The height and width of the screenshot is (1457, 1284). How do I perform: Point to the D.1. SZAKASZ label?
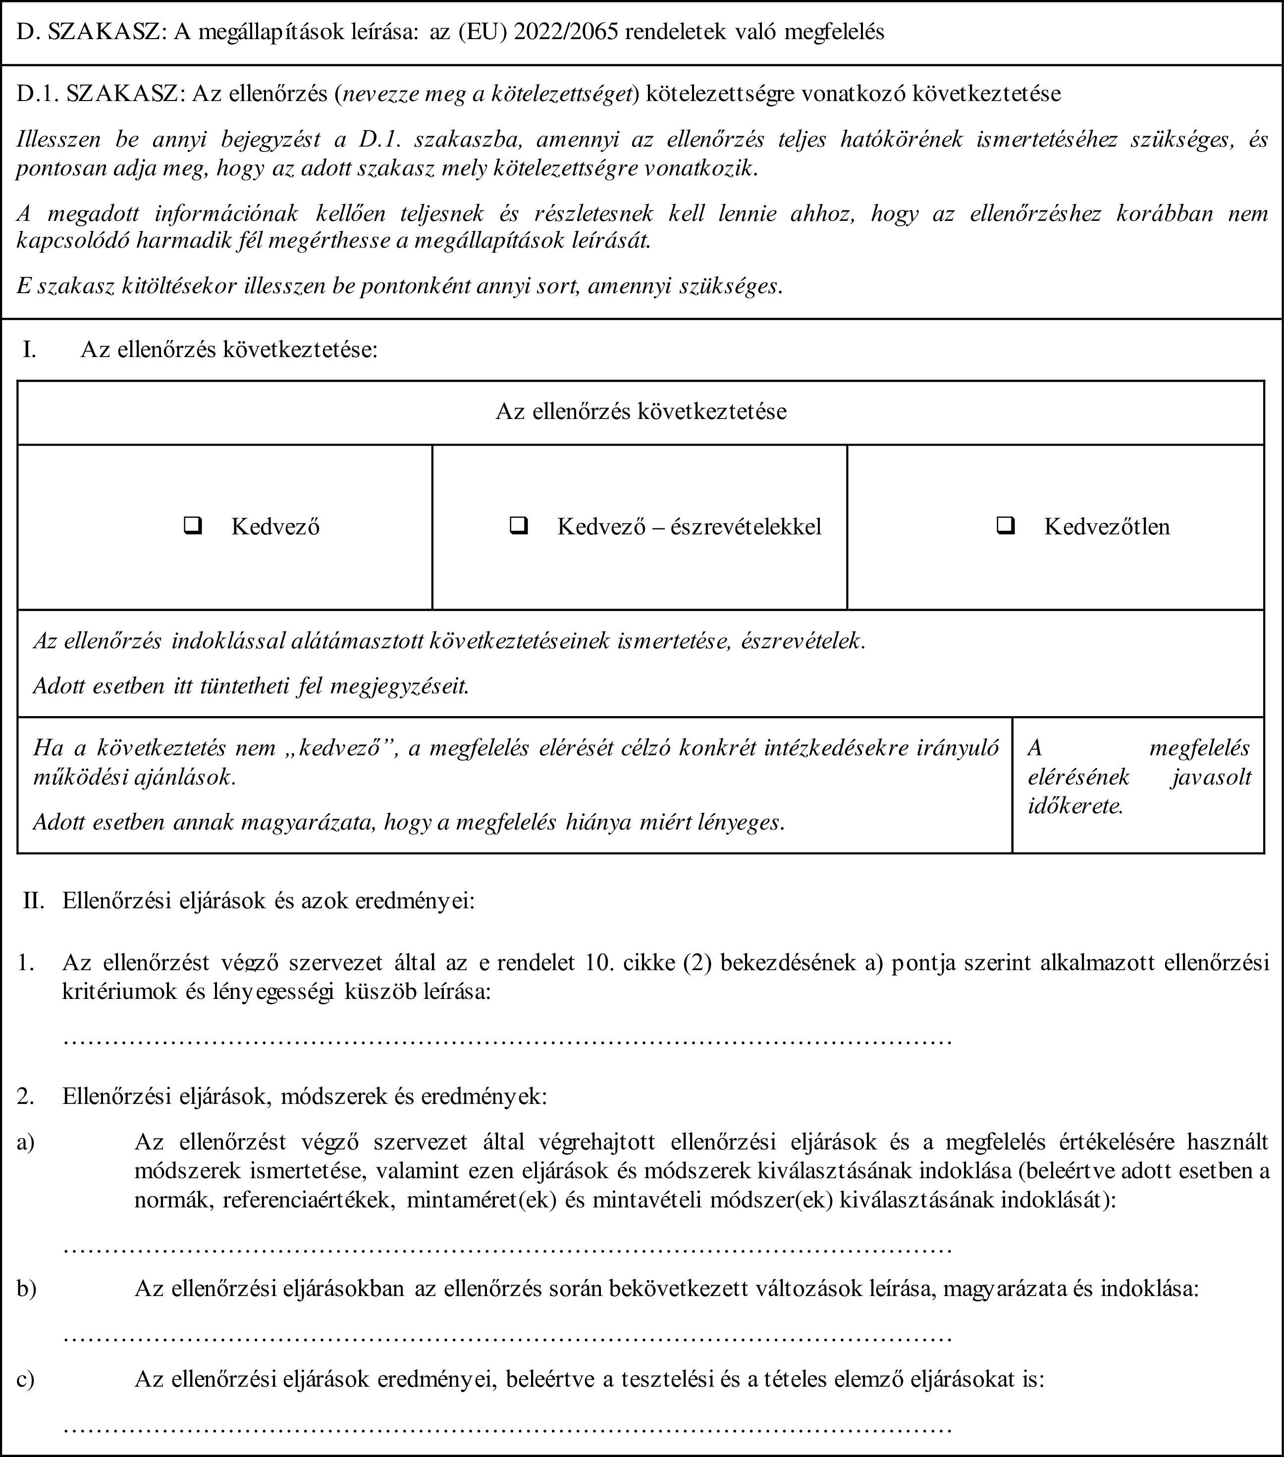[99, 94]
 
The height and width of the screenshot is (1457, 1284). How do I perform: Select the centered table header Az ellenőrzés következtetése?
[641, 411]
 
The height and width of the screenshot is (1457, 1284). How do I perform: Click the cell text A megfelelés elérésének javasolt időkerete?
[1138, 777]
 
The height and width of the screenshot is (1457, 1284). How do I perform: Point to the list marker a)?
[26, 1141]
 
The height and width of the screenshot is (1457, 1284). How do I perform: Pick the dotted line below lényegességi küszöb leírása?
[508, 1042]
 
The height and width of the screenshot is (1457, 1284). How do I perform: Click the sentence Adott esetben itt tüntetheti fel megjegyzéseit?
[251, 686]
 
